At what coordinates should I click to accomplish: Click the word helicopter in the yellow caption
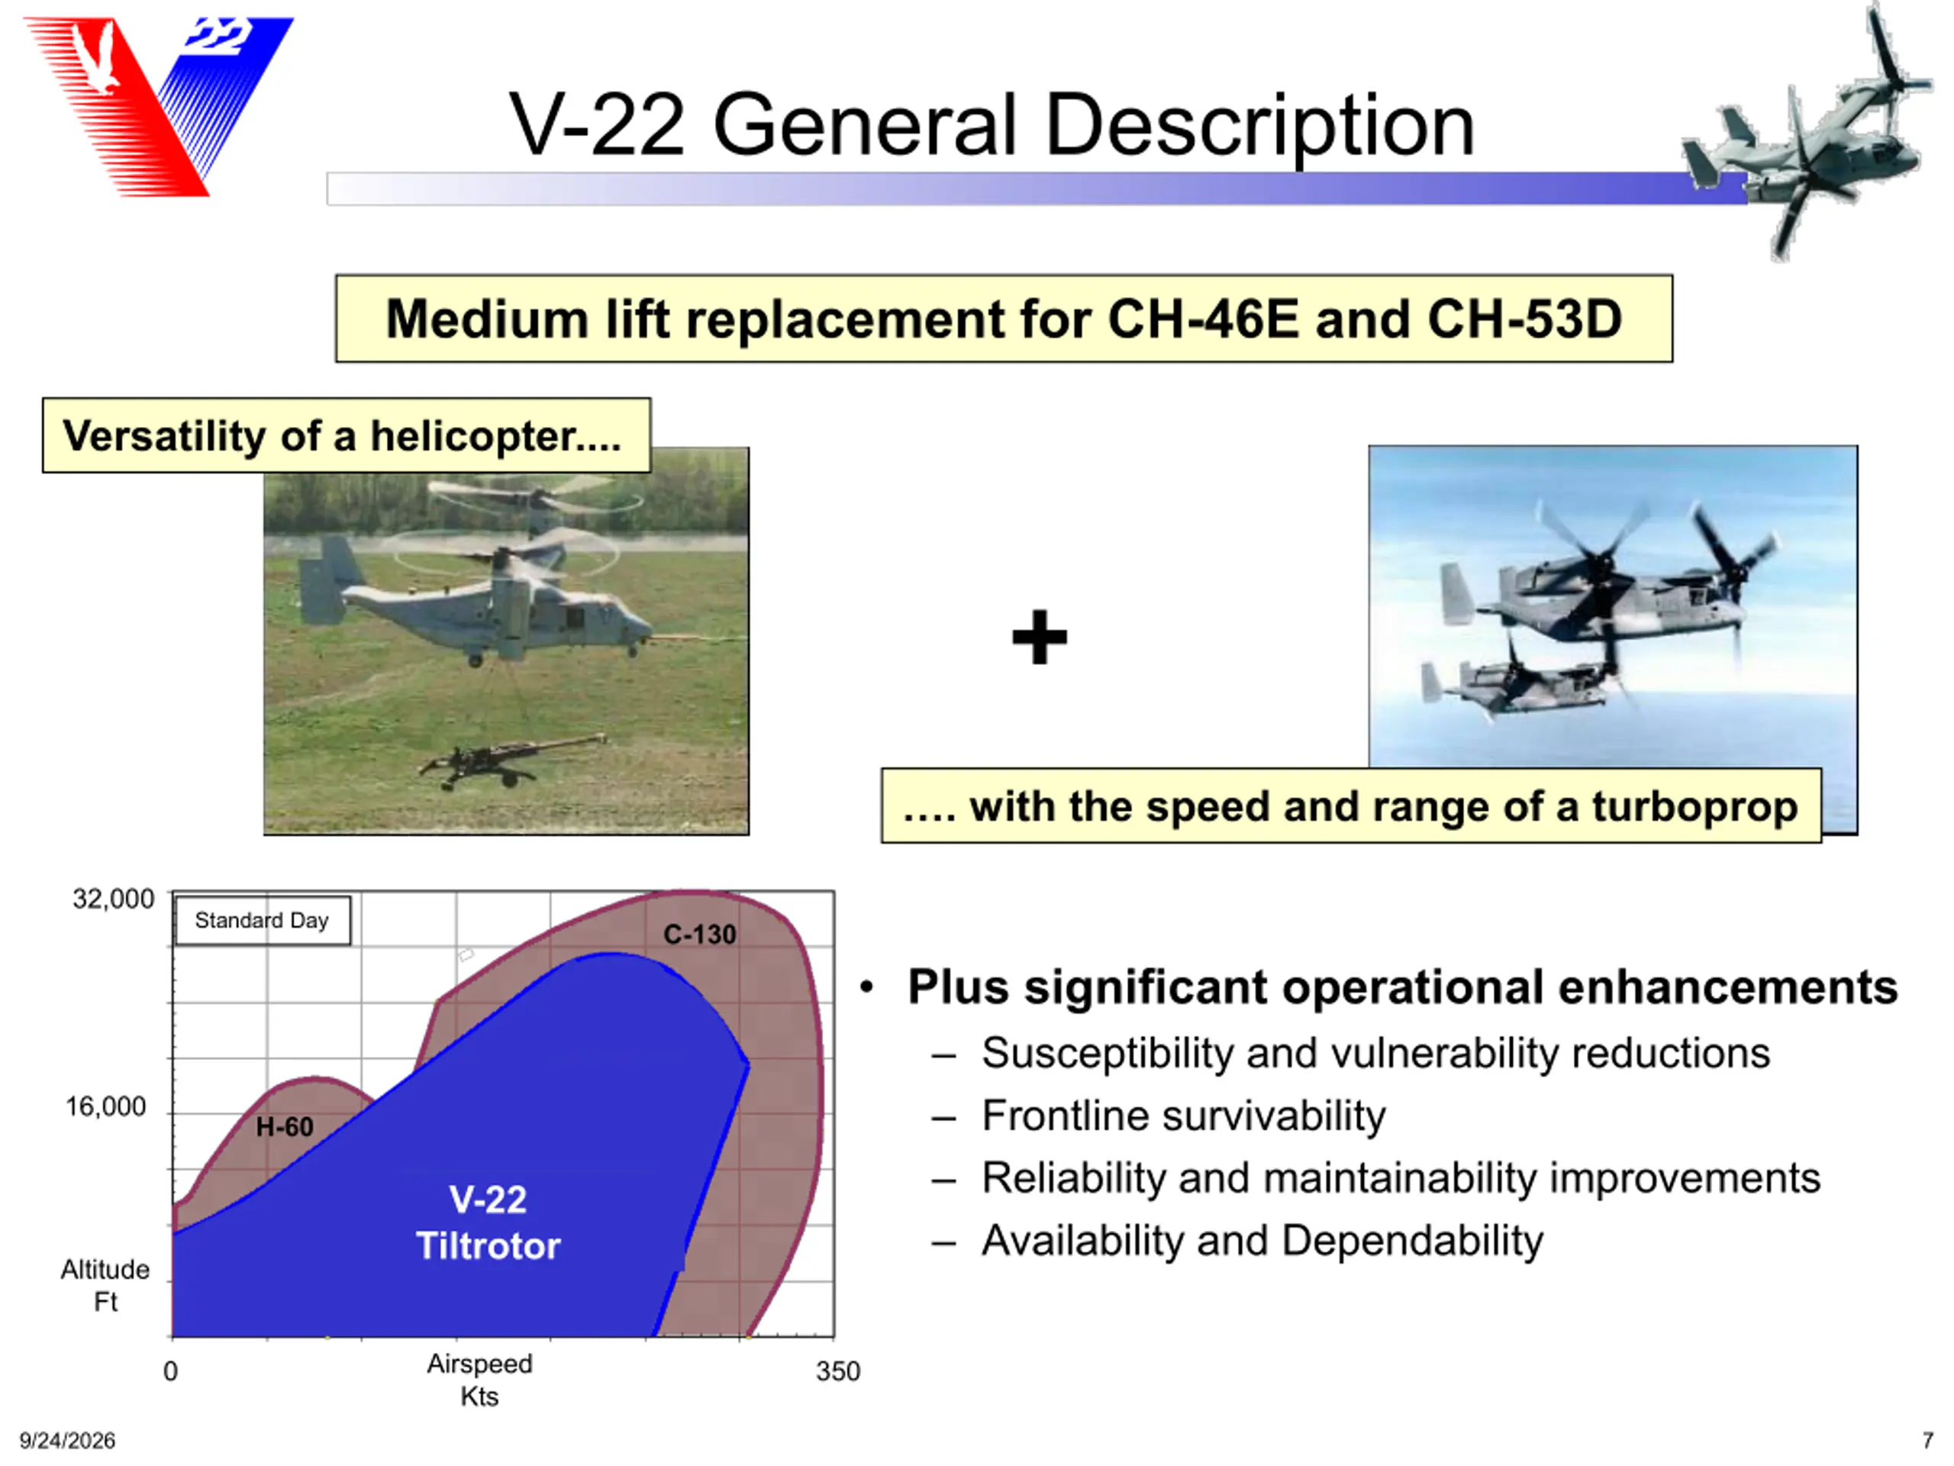[495, 437]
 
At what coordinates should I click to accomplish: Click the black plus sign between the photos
[1040, 636]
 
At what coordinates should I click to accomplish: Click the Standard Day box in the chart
[263, 921]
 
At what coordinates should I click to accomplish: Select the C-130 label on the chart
[700, 934]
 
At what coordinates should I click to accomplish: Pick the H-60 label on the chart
[285, 1127]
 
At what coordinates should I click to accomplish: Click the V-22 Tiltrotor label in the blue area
[488, 1223]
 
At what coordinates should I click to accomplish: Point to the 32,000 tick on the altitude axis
[113, 899]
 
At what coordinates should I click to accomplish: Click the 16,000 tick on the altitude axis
[106, 1106]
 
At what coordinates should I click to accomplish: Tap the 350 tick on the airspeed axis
[837, 1371]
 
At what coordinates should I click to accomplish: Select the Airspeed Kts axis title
[479, 1380]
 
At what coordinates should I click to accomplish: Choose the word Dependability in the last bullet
[1413, 1242]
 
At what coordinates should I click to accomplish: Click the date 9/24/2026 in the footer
[67, 1440]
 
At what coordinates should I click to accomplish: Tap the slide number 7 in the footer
[1927, 1440]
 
